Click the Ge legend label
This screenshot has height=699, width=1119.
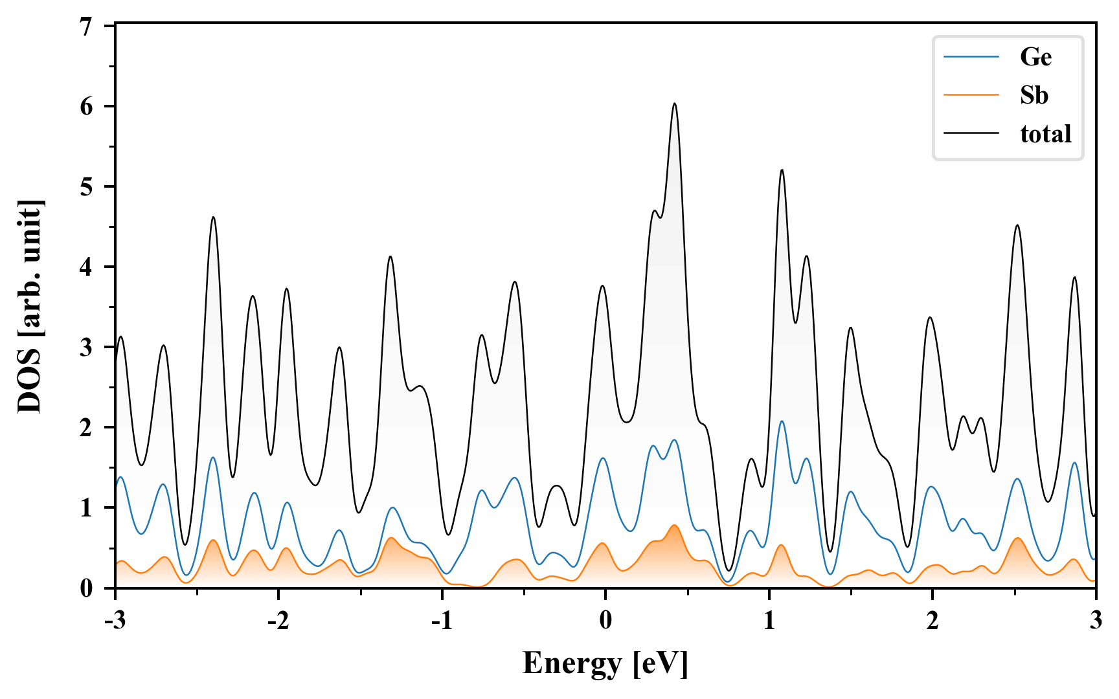(1035, 57)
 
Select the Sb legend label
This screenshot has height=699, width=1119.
(1034, 95)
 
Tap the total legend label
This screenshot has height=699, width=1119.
(1045, 134)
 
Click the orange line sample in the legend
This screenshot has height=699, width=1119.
(971, 95)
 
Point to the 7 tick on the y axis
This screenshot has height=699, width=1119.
(86, 26)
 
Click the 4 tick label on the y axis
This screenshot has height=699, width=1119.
(86, 267)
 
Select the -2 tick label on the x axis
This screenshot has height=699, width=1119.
(278, 621)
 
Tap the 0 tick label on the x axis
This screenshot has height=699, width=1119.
(605, 621)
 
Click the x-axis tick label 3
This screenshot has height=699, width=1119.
(1095, 621)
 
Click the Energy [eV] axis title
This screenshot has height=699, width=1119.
(605, 663)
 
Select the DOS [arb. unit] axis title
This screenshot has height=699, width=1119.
(30, 307)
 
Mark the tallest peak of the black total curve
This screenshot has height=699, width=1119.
(674, 104)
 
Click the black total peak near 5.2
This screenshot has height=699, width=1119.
(782, 170)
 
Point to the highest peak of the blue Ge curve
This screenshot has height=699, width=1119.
(782, 421)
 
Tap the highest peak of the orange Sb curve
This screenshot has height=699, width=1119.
(674, 525)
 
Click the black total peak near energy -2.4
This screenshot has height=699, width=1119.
(212, 217)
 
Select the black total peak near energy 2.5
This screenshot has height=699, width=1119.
(1017, 225)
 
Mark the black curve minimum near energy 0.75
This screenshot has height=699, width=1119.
(728, 570)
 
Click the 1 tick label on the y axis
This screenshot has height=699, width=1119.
(86, 507)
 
